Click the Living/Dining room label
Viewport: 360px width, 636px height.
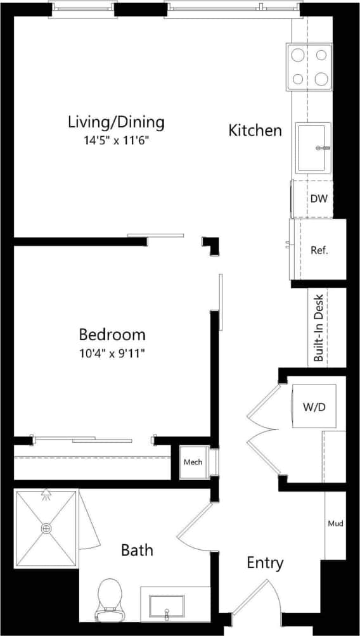pyautogui.click(x=116, y=121)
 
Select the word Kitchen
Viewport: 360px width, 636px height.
pyautogui.click(x=255, y=130)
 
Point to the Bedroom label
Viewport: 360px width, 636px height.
pyautogui.click(x=112, y=334)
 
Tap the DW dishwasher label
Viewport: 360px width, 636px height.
pyautogui.click(x=319, y=199)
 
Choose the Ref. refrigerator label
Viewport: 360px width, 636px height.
pyautogui.click(x=319, y=250)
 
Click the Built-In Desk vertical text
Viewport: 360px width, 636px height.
pyautogui.click(x=319, y=328)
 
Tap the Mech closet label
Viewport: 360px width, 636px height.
pyautogui.click(x=193, y=462)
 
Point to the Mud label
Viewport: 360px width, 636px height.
pyautogui.click(x=335, y=524)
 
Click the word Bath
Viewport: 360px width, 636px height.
pyautogui.click(x=137, y=550)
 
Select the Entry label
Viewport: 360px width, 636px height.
pyautogui.click(x=265, y=563)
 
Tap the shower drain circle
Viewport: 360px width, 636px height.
pyautogui.click(x=46, y=528)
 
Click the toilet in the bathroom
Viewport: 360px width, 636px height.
pyautogui.click(x=110, y=598)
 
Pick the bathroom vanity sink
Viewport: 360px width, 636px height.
pyautogui.click(x=167, y=606)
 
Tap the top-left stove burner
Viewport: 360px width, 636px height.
pyautogui.click(x=298, y=56)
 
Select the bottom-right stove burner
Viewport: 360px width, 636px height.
pyautogui.click(x=322, y=79)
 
